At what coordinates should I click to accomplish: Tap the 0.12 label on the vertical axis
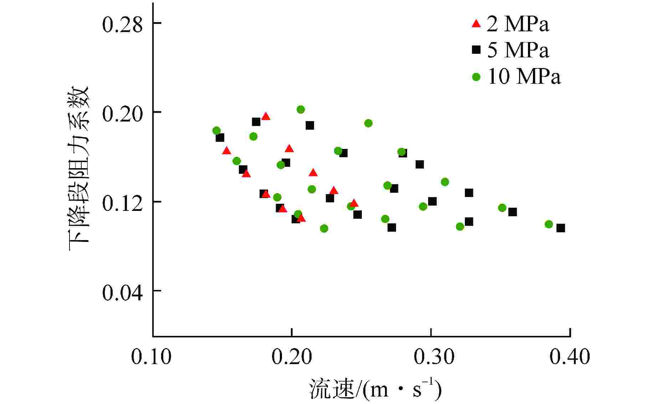pyautogui.click(x=122, y=203)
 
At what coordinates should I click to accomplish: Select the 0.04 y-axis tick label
pyautogui.click(x=122, y=292)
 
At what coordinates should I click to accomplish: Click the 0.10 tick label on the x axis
pyautogui.click(x=151, y=356)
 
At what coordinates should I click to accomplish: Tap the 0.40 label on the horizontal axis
pyautogui.click(x=570, y=356)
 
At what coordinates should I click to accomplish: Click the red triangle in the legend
pyautogui.click(x=476, y=24)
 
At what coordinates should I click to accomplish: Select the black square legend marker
pyautogui.click(x=476, y=50)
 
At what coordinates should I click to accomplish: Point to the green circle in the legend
pyautogui.click(x=476, y=77)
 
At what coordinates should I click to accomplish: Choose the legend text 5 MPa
pyautogui.click(x=518, y=50)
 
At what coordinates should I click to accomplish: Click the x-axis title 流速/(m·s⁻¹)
pyautogui.click(x=375, y=389)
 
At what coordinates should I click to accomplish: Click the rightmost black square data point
pyautogui.click(x=560, y=228)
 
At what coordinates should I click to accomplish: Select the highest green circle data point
pyautogui.click(x=301, y=109)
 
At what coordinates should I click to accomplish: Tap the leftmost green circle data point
pyautogui.click(x=216, y=131)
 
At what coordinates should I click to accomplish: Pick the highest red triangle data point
pyautogui.click(x=266, y=116)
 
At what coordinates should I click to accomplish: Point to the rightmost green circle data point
pyautogui.click(x=549, y=224)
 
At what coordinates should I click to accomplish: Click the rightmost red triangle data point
pyautogui.click(x=354, y=203)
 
